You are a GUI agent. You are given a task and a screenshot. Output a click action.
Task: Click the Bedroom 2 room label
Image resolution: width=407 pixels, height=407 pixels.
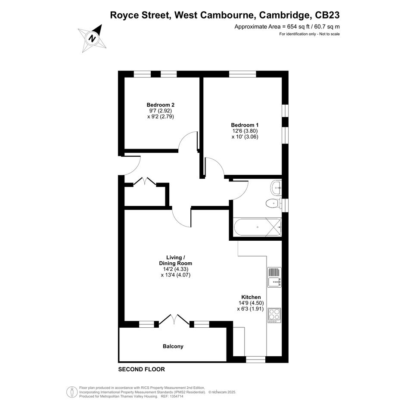tap(160, 105)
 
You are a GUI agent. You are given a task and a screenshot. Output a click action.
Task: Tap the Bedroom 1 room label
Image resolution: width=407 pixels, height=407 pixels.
tap(245, 125)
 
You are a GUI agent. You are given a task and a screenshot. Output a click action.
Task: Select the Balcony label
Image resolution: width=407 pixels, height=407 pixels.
tap(173, 346)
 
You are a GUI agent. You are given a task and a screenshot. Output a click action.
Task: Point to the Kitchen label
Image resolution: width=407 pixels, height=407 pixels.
tap(251, 297)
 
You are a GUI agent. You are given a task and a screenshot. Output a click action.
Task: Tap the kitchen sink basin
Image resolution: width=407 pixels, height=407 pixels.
tap(274, 282)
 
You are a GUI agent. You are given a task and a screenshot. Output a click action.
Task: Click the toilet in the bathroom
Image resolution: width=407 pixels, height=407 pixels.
tap(273, 203)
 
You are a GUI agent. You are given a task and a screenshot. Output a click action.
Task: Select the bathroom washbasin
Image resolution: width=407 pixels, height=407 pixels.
tap(276, 187)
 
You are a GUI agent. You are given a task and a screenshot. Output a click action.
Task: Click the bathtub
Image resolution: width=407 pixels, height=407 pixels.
tap(258, 227)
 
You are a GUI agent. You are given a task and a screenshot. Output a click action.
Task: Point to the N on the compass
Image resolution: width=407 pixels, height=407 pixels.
tap(92, 39)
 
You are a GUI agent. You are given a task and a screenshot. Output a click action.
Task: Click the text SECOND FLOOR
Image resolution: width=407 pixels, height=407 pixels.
tap(141, 369)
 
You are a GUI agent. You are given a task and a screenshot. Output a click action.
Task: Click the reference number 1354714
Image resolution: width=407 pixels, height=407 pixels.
tap(176, 396)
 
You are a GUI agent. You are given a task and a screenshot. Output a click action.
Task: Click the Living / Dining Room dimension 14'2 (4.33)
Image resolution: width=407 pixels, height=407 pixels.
tap(176, 269)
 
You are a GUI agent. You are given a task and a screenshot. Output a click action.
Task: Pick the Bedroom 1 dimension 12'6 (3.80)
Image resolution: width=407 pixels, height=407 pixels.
tap(245, 131)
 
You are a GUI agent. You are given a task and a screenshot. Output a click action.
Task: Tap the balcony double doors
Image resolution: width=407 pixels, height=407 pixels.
tap(174, 320)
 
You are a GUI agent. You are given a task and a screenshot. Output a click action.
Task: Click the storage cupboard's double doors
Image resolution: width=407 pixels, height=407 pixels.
tap(145, 181)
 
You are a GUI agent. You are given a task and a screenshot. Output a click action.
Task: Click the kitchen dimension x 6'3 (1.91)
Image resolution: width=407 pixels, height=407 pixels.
tap(251, 309)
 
